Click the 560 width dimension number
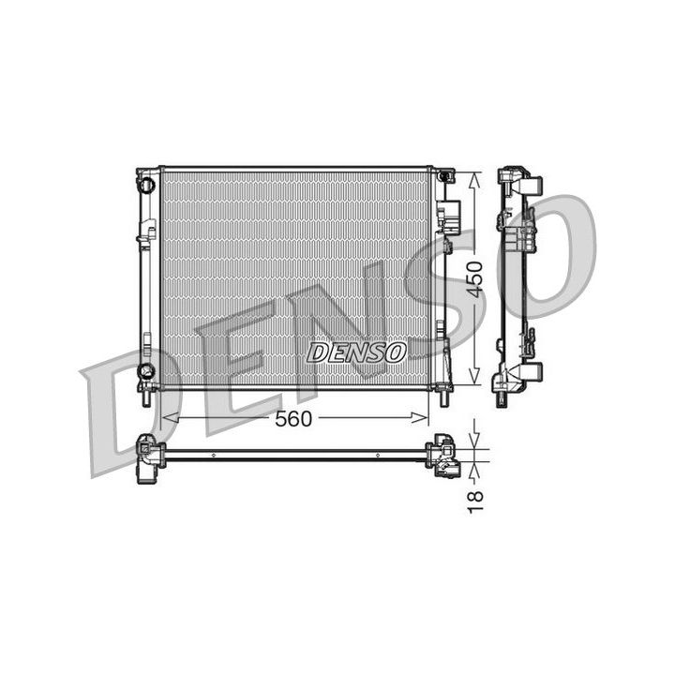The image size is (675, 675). (292, 419)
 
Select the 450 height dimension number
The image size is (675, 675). (475, 279)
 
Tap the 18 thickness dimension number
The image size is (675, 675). (475, 502)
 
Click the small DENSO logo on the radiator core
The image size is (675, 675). (356, 353)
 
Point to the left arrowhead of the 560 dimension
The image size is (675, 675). (170, 417)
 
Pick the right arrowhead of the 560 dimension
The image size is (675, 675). (420, 417)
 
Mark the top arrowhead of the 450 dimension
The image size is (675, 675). (474, 181)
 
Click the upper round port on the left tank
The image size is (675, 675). (146, 185)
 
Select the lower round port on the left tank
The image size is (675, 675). (146, 369)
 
